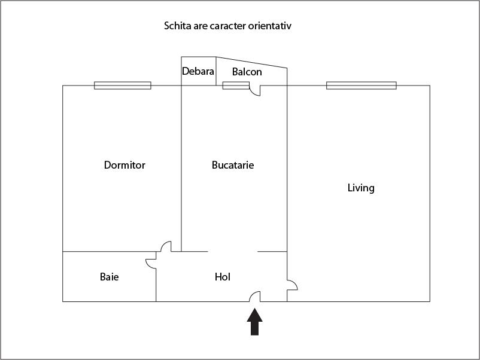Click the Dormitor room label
point(124,165)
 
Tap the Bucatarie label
point(233,165)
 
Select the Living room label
point(361,188)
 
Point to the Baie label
point(110,277)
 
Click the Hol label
point(223,277)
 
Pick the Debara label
point(198,71)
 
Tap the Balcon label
point(247,72)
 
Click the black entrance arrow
point(255,322)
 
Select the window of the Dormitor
point(123,86)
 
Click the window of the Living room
point(361,86)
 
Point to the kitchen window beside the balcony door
point(236,86)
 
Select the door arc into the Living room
point(294,283)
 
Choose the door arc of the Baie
point(148,266)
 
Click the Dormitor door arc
point(164,244)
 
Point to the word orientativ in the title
point(270,26)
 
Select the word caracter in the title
point(228,26)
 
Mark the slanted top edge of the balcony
point(251,62)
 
